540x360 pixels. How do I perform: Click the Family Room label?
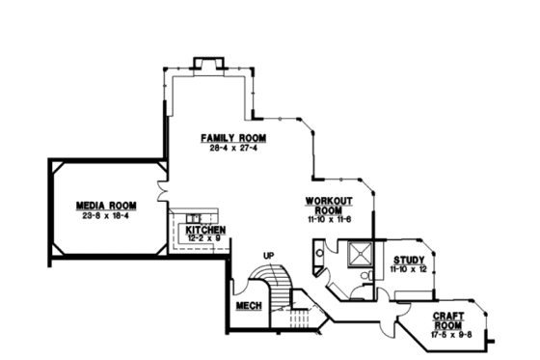[233, 138]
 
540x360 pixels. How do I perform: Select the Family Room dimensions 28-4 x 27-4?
[233, 148]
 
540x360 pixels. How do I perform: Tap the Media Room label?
[106, 206]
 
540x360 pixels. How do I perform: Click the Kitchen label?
[206, 231]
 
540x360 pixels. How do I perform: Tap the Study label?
[409, 260]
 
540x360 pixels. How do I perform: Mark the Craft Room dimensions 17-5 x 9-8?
[449, 334]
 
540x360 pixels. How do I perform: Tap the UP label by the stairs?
[269, 255]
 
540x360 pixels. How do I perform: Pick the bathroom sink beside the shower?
[321, 255]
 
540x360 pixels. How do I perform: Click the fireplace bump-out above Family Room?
[208, 65]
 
